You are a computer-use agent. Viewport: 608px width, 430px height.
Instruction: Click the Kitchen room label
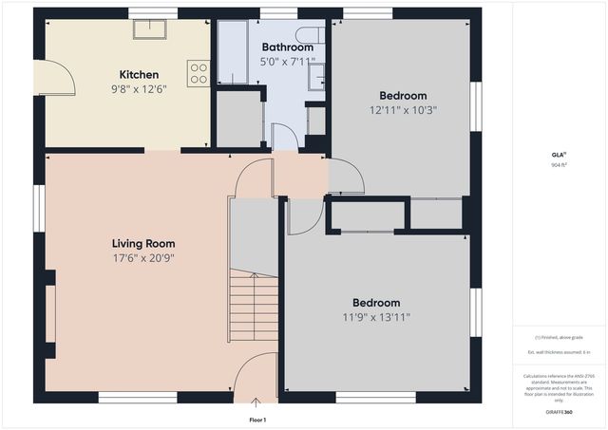click(x=139, y=75)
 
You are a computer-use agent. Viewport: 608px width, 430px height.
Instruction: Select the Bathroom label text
click(x=287, y=47)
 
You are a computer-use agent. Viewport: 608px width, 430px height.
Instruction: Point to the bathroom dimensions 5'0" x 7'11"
click(x=287, y=62)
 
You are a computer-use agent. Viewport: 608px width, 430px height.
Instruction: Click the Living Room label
click(x=142, y=243)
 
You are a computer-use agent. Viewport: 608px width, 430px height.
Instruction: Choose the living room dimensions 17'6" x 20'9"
click(x=142, y=257)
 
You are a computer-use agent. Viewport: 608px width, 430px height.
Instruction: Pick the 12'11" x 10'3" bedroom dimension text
click(x=403, y=110)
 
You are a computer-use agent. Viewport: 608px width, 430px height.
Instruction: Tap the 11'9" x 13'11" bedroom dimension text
click(x=375, y=318)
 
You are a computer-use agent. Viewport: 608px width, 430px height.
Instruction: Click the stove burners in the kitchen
click(x=198, y=73)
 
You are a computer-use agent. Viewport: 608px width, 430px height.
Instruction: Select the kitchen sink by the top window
click(x=147, y=29)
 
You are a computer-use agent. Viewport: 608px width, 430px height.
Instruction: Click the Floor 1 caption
click(x=257, y=419)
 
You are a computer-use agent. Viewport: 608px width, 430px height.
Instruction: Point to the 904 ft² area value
click(x=558, y=164)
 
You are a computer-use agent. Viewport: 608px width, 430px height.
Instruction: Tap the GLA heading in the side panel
click(x=558, y=154)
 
